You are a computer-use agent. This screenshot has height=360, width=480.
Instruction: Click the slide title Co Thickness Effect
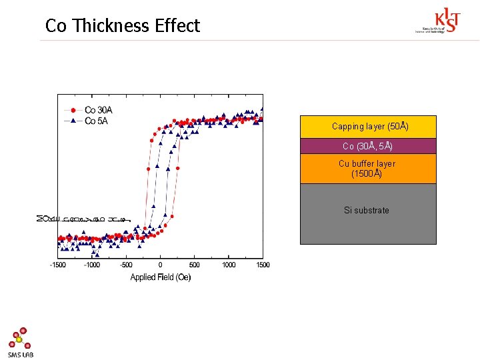(x=123, y=26)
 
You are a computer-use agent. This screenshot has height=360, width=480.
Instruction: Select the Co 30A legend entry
(x=97, y=110)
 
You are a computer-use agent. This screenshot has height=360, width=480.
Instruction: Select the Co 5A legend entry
(x=96, y=121)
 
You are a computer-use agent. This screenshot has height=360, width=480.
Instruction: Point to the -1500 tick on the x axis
(x=58, y=265)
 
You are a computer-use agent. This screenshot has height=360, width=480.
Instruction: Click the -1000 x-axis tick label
(x=92, y=265)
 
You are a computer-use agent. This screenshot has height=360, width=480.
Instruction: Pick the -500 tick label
(x=126, y=265)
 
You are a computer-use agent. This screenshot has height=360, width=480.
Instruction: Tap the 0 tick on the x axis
(x=161, y=265)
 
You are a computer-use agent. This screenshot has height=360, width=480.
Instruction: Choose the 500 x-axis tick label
(x=195, y=265)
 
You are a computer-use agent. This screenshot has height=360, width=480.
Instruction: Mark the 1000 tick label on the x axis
(x=229, y=265)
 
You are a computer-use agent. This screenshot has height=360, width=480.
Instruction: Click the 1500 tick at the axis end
(x=263, y=265)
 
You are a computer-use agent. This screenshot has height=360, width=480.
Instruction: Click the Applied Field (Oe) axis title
(x=161, y=277)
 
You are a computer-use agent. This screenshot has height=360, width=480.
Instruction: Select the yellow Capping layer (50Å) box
(x=368, y=127)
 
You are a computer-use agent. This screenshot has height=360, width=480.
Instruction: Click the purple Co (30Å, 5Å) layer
(x=368, y=146)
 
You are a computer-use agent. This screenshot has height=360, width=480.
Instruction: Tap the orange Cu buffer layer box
(x=368, y=169)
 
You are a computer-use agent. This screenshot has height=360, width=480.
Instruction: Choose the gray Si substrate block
(x=368, y=213)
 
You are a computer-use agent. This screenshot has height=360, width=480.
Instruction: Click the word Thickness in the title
(x=112, y=26)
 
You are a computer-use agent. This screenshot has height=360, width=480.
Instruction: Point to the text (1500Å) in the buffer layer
(x=367, y=174)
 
